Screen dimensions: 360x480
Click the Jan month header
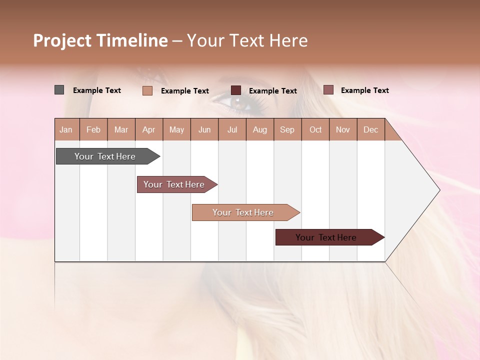(x=66, y=129)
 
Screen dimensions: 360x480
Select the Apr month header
(x=149, y=129)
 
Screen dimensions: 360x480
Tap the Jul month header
(x=232, y=129)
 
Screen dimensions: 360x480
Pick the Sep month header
(x=287, y=129)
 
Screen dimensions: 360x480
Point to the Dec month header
(x=370, y=129)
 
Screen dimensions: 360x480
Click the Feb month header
(x=93, y=129)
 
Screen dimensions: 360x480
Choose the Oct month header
(x=315, y=129)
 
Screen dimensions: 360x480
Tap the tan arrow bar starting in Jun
(x=244, y=212)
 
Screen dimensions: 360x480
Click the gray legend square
(x=59, y=90)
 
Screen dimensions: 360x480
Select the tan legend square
(x=147, y=90)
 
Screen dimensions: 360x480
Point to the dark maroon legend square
(x=236, y=90)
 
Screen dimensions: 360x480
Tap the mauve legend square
(x=328, y=90)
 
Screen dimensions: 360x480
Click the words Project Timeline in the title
(x=100, y=40)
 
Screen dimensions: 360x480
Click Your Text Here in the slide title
(x=247, y=40)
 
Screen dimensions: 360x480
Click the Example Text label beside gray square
(x=97, y=90)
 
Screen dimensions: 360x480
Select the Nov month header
(x=343, y=129)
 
